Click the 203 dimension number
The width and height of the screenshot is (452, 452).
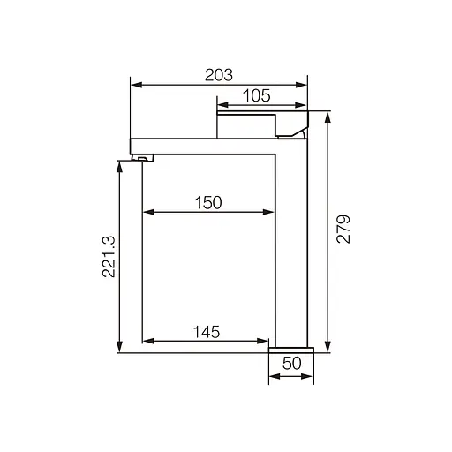coord(219,74)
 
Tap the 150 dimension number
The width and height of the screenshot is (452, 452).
coord(207,202)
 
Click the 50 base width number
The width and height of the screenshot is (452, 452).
coord(291,363)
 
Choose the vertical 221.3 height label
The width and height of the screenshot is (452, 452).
coord(108,257)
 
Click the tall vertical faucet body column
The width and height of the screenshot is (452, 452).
coord(291,247)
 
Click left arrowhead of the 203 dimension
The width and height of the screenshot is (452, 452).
coord(135,85)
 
